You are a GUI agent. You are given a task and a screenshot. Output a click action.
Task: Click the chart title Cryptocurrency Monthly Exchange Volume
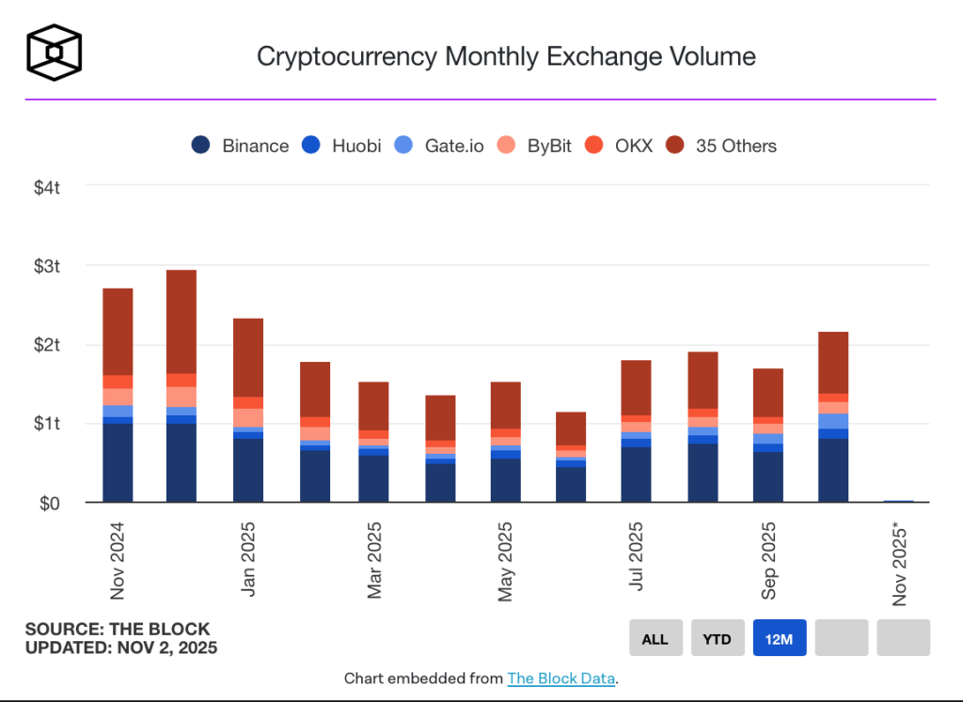click(506, 56)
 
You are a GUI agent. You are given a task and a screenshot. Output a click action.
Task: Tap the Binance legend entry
click(241, 146)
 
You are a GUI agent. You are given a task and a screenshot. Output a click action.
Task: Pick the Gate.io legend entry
click(441, 146)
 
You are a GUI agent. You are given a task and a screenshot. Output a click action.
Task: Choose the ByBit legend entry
click(537, 146)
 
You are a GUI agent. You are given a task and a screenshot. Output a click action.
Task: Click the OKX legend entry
click(621, 146)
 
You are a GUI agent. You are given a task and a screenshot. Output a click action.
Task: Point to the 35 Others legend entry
click(722, 146)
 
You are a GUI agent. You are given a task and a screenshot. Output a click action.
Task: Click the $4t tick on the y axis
click(48, 187)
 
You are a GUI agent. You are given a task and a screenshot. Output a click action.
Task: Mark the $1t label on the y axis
click(48, 424)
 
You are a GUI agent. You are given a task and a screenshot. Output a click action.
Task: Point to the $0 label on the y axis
click(51, 504)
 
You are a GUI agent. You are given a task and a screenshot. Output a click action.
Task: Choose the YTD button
click(718, 638)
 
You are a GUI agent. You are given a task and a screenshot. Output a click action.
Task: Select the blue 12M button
click(780, 638)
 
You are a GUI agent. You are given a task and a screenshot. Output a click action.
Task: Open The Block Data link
click(561, 679)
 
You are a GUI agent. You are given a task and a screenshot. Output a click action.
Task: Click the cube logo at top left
click(54, 51)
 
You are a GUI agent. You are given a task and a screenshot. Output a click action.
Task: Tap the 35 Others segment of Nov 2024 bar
click(118, 331)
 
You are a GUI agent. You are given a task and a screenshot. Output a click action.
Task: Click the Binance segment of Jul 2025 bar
click(637, 474)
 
